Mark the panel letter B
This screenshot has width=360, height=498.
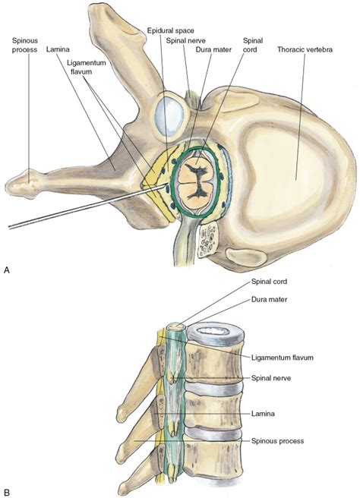[7, 490]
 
